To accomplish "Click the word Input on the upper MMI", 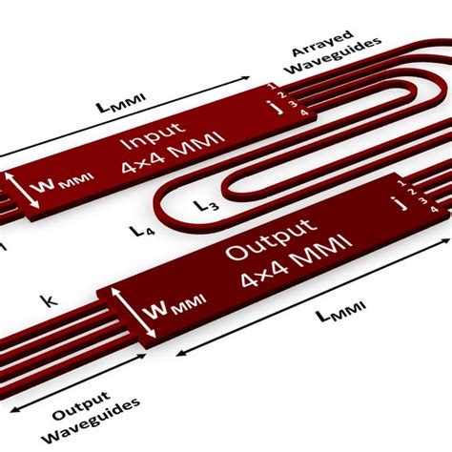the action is tap(154, 135).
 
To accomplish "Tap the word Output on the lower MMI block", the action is tap(271, 237).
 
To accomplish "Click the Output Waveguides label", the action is tap(91, 417).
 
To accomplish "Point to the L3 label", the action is tap(207, 206).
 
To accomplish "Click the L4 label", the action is tap(142, 231).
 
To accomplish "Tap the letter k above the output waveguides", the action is tap(49, 300).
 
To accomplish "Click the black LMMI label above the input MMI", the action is tap(121, 103).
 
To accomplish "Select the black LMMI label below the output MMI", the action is tap(340, 311).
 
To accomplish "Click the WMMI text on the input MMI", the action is tap(63, 183).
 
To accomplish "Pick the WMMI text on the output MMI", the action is tap(174, 306).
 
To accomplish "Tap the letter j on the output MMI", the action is tap(401, 203).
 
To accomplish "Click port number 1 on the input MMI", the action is tap(271, 86).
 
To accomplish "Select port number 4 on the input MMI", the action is tap(304, 113).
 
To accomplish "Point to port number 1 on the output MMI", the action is tap(401, 183).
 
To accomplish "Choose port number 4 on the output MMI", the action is tap(435, 209).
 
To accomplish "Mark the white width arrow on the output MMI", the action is tap(134, 313).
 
